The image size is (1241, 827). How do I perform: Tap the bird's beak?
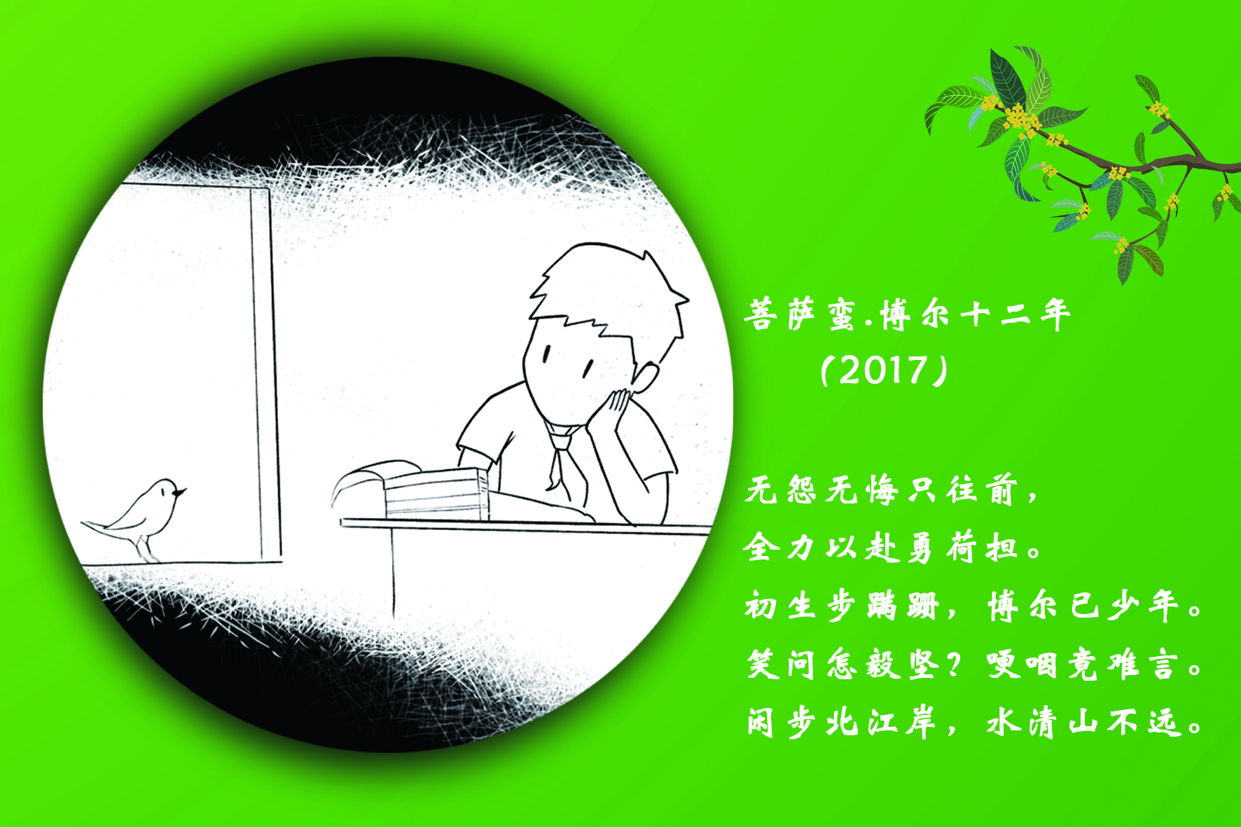(x=181, y=492)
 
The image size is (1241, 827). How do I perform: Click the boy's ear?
(x=645, y=379)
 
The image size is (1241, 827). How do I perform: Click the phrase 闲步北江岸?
(x=841, y=722)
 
